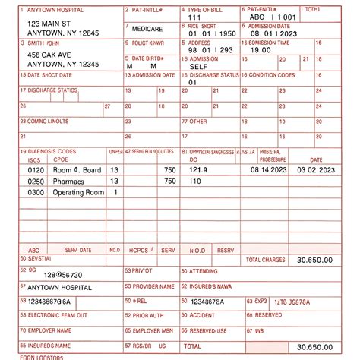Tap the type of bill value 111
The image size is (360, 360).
194,16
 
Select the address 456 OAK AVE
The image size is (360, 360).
50,55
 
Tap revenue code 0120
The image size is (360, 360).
36,171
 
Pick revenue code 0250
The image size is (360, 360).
36,182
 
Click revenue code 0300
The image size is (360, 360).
36,193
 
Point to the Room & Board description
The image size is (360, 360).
77,171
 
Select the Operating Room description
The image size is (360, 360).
78,193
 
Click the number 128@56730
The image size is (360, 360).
63,275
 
